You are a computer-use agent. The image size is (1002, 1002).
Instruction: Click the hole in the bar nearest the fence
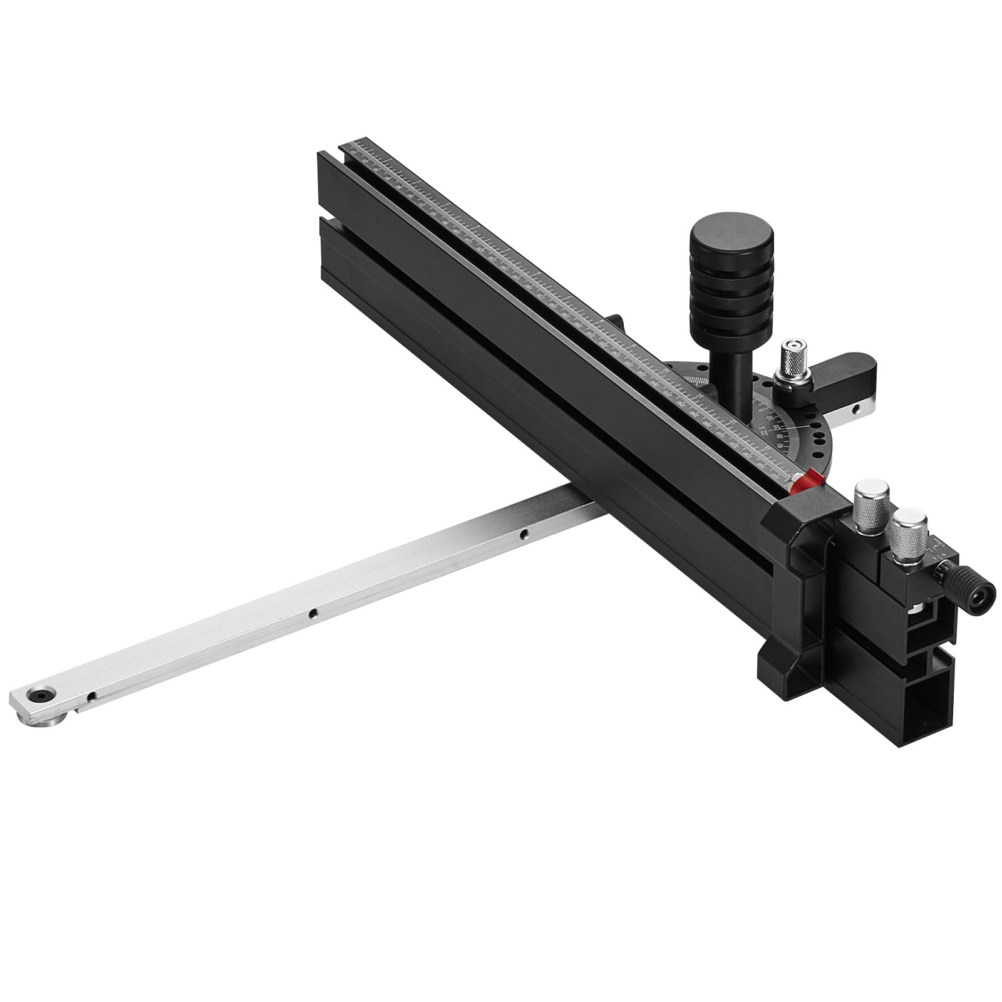(x=525, y=534)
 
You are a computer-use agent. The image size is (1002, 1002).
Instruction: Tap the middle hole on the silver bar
(x=312, y=614)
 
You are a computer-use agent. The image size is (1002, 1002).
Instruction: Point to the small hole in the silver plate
(x=855, y=410)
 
